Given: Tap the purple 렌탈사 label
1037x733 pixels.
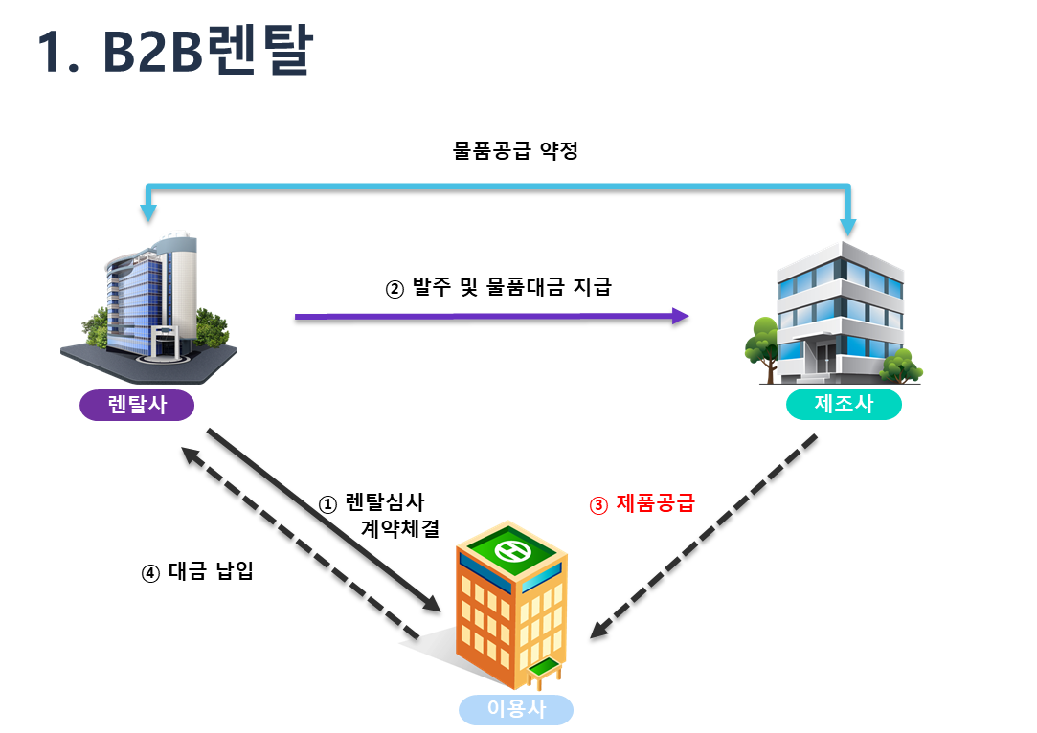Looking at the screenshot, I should [137, 405].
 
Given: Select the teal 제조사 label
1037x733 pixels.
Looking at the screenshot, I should [844, 404].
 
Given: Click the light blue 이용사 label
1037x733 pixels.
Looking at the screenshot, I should [516, 709].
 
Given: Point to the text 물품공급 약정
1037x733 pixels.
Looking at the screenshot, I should [515, 150].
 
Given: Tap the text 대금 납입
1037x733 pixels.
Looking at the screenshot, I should [210, 573].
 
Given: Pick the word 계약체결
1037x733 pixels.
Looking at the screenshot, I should [400, 527].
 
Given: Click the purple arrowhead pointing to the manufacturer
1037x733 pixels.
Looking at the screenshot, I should [680, 318].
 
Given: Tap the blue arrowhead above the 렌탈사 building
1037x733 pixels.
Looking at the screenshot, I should [147, 214].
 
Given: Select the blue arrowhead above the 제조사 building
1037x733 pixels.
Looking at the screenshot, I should [848, 227].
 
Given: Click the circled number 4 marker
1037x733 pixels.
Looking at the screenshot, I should [150, 574].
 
